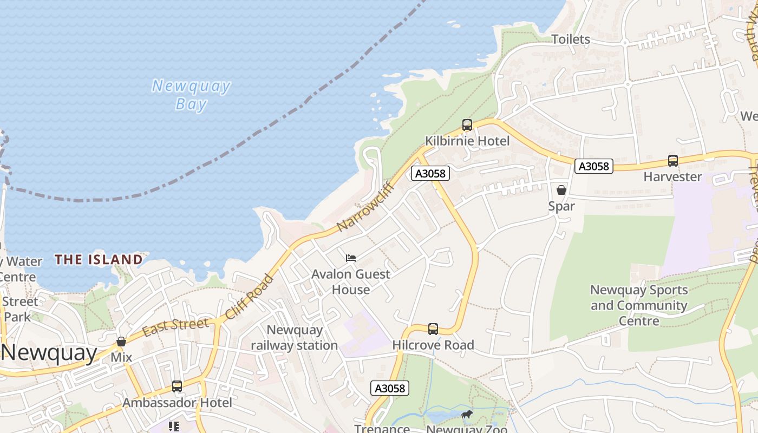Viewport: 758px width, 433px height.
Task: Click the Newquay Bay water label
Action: (x=191, y=94)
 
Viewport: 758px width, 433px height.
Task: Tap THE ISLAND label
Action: (x=99, y=260)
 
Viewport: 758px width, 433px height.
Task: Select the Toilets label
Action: (x=571, y=39)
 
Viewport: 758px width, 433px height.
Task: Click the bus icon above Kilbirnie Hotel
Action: (x=467, y=125)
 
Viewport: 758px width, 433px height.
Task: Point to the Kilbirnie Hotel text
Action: (x=467, y=141)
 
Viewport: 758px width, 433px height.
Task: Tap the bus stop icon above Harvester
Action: (x=672, y=161)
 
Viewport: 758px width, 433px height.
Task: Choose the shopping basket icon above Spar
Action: (x=561, y=190)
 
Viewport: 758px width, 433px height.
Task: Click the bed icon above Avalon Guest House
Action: (x=351, y=258)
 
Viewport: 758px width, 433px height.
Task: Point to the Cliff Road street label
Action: (x=250, y=296)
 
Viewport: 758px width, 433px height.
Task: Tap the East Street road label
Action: (x=175, y=327)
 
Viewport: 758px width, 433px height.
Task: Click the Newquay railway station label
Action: (x=294, y=337)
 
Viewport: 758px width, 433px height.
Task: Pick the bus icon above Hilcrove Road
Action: (x=433, y=329)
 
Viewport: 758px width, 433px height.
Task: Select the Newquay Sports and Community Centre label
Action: (x=639, y=305)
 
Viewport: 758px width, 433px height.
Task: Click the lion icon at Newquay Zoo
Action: (x=466, y=415)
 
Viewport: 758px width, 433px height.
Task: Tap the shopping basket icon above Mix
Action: (x=121, y=342)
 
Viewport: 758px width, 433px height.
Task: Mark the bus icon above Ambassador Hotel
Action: (x=177, y=386)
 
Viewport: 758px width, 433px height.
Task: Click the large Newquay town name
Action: (x=49, y=353)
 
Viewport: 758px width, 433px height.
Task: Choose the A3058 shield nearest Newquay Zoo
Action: (x=390, y=388)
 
